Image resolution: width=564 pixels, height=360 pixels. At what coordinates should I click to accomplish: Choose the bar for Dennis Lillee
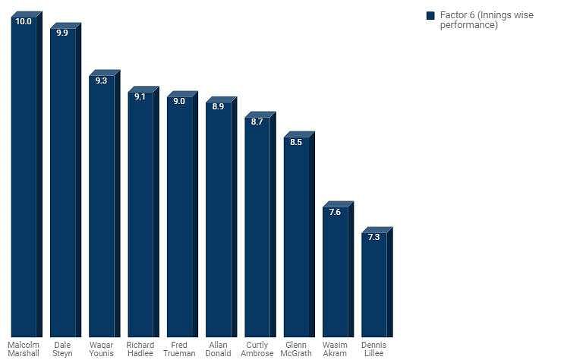point(374,285)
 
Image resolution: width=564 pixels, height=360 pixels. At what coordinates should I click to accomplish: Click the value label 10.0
point(24,22)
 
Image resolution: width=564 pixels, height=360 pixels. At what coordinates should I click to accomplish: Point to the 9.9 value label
point(63,33)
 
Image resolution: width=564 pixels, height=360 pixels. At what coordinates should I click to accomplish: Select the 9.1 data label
point(140,96)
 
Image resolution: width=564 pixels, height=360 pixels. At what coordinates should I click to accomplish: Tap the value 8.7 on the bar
point(257,122)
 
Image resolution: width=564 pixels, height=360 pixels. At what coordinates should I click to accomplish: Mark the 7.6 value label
point(336,212)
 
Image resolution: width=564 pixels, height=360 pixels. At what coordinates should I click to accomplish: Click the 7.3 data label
point(374,237)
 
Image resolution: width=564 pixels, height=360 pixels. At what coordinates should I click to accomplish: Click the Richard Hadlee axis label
point(140,349)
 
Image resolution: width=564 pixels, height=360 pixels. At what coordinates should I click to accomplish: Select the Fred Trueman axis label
point(180,349)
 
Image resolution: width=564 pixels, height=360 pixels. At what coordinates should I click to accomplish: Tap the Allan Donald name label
point(219,349)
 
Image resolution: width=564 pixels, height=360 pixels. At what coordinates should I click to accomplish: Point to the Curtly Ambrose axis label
point(257,349)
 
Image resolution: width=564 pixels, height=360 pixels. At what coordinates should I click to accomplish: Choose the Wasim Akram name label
point(336,349)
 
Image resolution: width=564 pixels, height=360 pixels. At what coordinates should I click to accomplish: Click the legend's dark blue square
point(430,15)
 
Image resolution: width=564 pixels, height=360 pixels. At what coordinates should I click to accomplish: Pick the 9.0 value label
point(180,101)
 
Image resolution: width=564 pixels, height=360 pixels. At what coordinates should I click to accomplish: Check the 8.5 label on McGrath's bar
point(297,142)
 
